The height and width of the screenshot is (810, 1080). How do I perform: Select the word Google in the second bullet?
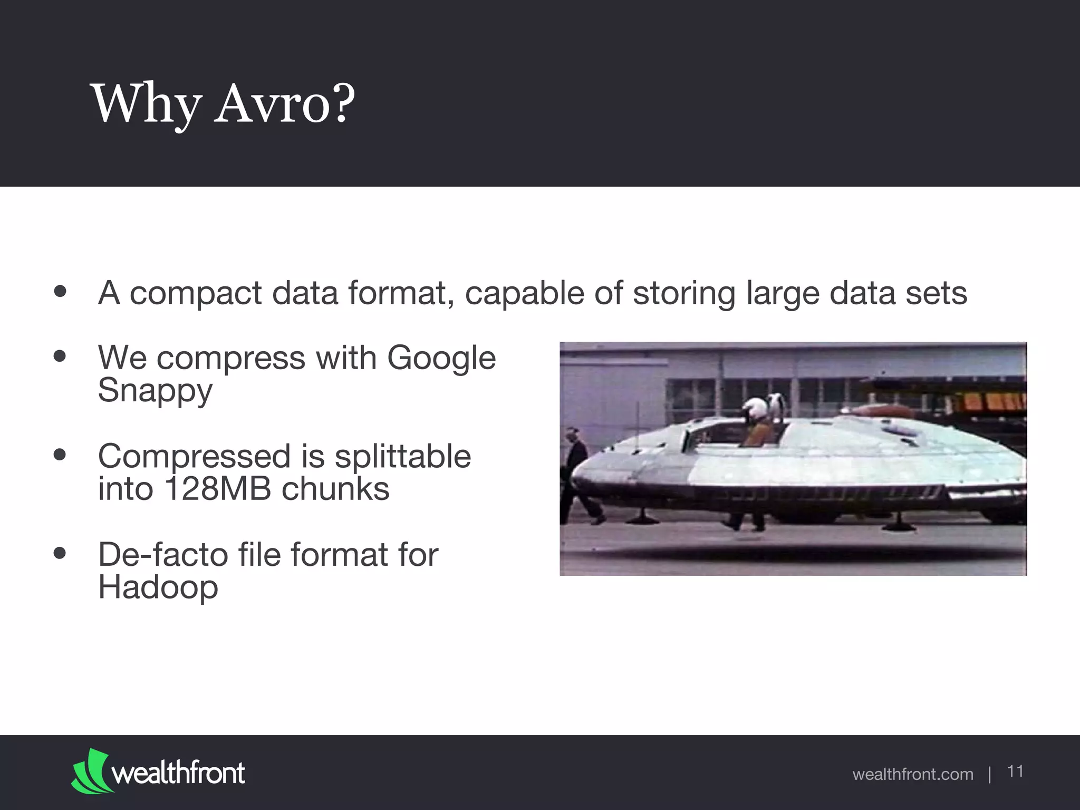click(441, 358)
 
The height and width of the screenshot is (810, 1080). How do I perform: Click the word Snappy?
click(155, 391)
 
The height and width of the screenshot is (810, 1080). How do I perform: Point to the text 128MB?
click(217, 489)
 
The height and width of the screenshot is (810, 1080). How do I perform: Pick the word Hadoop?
click(158, 587)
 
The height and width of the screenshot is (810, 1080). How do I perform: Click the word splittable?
click(402, 456)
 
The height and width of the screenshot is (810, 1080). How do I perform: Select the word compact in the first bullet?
click(196, 293)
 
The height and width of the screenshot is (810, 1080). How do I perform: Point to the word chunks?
click(335, 489)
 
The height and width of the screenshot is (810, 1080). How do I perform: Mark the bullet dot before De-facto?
click(60, 554)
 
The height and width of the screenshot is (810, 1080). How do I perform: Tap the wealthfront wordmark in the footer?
click(178, 773)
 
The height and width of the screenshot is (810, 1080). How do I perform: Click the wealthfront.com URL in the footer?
click(912, 774)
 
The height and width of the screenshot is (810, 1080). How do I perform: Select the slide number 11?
click(1015, 772)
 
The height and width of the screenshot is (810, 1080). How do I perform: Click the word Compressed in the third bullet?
click(194, 456)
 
